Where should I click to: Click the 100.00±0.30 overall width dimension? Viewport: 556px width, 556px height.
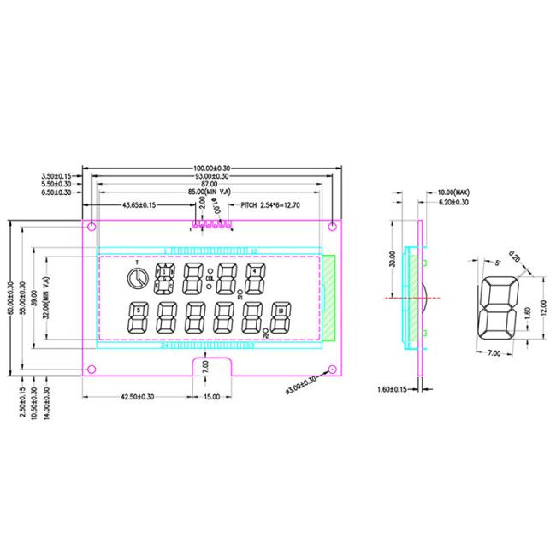pyautogui.click(x=210, y=168)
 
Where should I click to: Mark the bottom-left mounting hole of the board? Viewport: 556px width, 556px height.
pyautogui.click(x=91, y=370)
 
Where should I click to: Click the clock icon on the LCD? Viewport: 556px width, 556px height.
pyautogui.click(x=135, y=279)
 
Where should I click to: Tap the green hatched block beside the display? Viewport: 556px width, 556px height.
pyautogui.click(x=328, y=297)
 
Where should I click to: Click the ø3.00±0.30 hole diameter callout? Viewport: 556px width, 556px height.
pyautogui.click(x=299, y=385)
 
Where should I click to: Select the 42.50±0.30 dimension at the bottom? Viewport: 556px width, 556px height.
pyautogui.click(x=136, y=396)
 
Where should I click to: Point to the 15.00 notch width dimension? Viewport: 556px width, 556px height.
pyautogui.click(x=210, y=396)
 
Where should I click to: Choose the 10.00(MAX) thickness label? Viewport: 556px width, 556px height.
pyautogui.click(x=453, y=192)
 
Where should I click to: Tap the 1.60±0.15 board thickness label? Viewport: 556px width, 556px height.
pyautogui.click(x=395, y=390)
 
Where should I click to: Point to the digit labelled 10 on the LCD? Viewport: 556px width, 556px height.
pyautogui.click(x=280, y=310)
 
